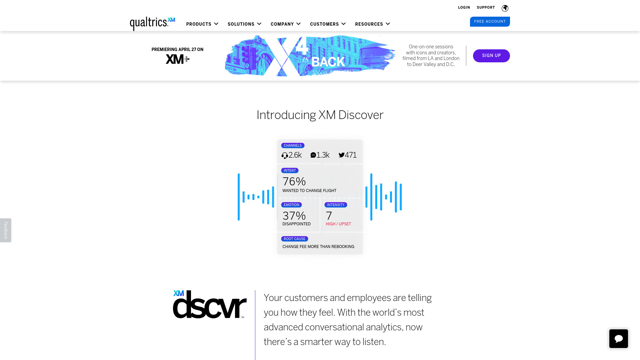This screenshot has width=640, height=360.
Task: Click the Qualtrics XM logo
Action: [152, 24]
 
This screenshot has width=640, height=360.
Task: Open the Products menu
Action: [202, 24]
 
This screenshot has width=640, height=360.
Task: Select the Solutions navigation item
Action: [244, 24]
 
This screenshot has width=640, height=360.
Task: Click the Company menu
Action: [286, 24]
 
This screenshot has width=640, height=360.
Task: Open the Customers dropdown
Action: [328, 24]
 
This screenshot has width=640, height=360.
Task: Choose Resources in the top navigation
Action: [372, 24]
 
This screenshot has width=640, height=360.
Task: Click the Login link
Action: [464, 7]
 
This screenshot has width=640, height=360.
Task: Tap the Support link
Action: [486, 7]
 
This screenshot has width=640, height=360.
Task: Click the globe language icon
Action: [505, 8]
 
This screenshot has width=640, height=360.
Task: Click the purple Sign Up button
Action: [491, 56]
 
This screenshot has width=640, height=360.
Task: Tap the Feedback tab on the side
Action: [6, 230]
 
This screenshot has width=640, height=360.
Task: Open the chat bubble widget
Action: [619, 339]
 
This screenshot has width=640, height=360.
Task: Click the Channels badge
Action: [293, 145]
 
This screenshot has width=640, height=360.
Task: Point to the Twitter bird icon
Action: [342, 155]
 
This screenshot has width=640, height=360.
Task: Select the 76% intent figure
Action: [294, 182]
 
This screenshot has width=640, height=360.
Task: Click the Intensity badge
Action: [336, 205]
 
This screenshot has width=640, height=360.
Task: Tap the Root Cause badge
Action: [295, 239]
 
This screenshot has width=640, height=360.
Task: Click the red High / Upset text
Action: [338, 224]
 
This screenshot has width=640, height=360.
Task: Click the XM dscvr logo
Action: [210, 304]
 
